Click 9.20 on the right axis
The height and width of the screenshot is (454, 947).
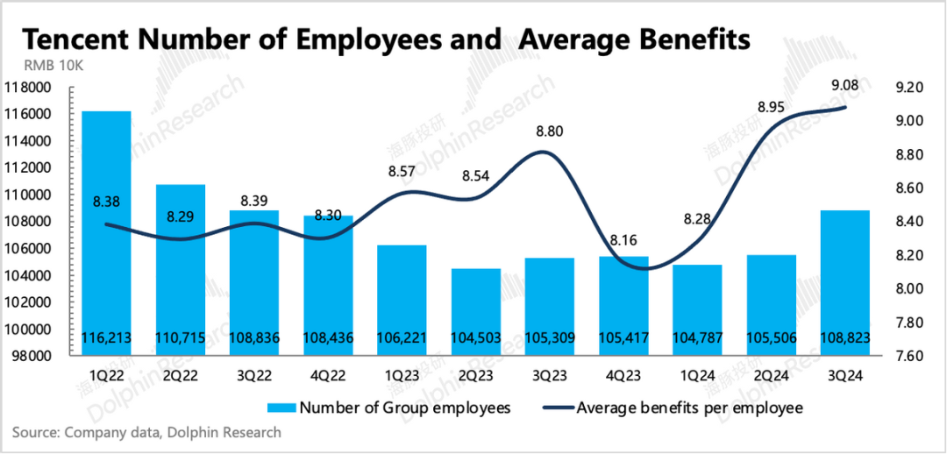[x=908, y=88]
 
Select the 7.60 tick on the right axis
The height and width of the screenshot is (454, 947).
[x=908, y=356]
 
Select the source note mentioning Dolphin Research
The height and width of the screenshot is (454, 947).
[x=147, y=432]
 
